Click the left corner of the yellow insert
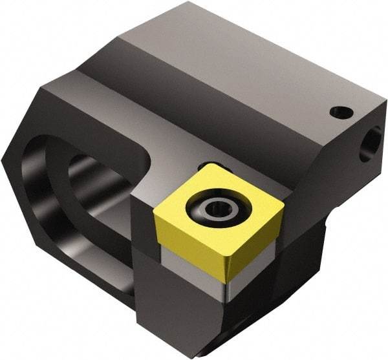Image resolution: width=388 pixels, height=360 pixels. point(157,218)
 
